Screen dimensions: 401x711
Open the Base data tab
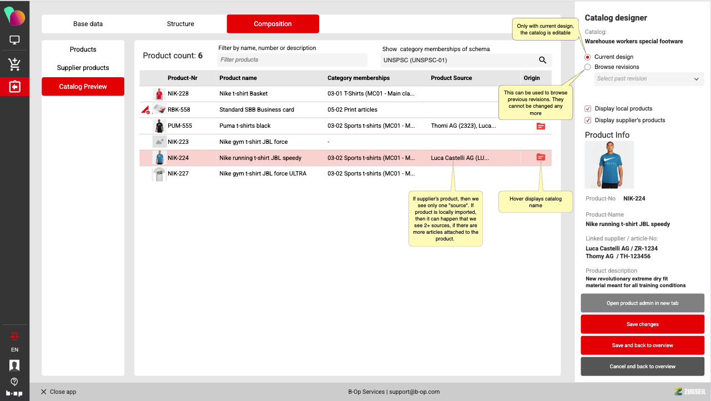(x=88, y=24)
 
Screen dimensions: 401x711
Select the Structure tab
(x=180, y=24)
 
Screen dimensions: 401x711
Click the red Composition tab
(x=273, y=24)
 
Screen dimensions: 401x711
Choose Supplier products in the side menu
(x=83, y=68)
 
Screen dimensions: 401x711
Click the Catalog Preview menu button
(x=83, y=87)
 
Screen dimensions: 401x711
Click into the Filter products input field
(x=292, y=60)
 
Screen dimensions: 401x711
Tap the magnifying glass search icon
(x=542, y=60)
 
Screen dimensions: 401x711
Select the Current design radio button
(x=587, y=57)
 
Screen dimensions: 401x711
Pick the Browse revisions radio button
(x=587, y=67)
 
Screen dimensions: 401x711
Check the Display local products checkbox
(x=588, y=109)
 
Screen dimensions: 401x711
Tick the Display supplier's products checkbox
(x=588, y=121)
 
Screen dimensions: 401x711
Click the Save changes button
(x=642, y=324)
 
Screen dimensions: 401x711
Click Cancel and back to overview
(x=642, y=367)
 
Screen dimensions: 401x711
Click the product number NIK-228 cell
(x=178, y=93)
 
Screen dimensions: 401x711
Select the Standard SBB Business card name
(x=256, y=109)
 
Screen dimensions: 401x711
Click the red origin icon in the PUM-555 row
(x=541, y=126)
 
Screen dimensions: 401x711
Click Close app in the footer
(x=58, y=392)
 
